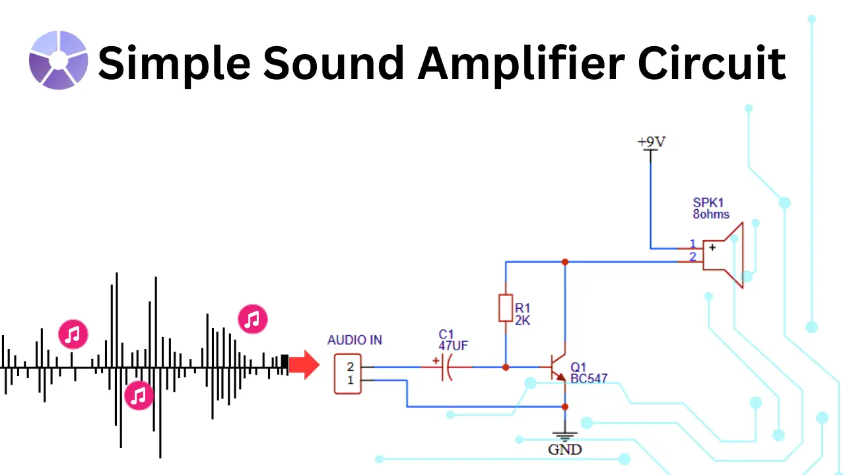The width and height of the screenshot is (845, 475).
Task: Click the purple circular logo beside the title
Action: coord(58,60)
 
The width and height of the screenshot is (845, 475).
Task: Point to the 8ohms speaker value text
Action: coord(711,214)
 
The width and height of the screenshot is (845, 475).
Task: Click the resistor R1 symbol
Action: coord(505,308)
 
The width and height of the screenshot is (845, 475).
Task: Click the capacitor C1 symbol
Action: coord(446,367)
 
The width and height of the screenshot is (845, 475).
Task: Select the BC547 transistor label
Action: coord(589,379)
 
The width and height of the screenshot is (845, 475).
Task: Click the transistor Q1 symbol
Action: coord(558,367)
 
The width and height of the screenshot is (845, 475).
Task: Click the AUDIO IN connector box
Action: coord(348,374)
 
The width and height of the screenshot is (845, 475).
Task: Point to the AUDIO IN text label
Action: coord(355,340)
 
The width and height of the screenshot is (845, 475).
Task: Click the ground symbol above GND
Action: coord(565,436)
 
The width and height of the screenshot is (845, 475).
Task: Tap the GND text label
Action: coord(565,450)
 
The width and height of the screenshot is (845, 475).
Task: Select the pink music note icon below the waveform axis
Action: coord(139,396)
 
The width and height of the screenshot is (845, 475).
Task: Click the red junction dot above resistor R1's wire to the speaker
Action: coord(565,262)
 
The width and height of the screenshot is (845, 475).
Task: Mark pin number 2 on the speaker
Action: coord(693,257)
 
